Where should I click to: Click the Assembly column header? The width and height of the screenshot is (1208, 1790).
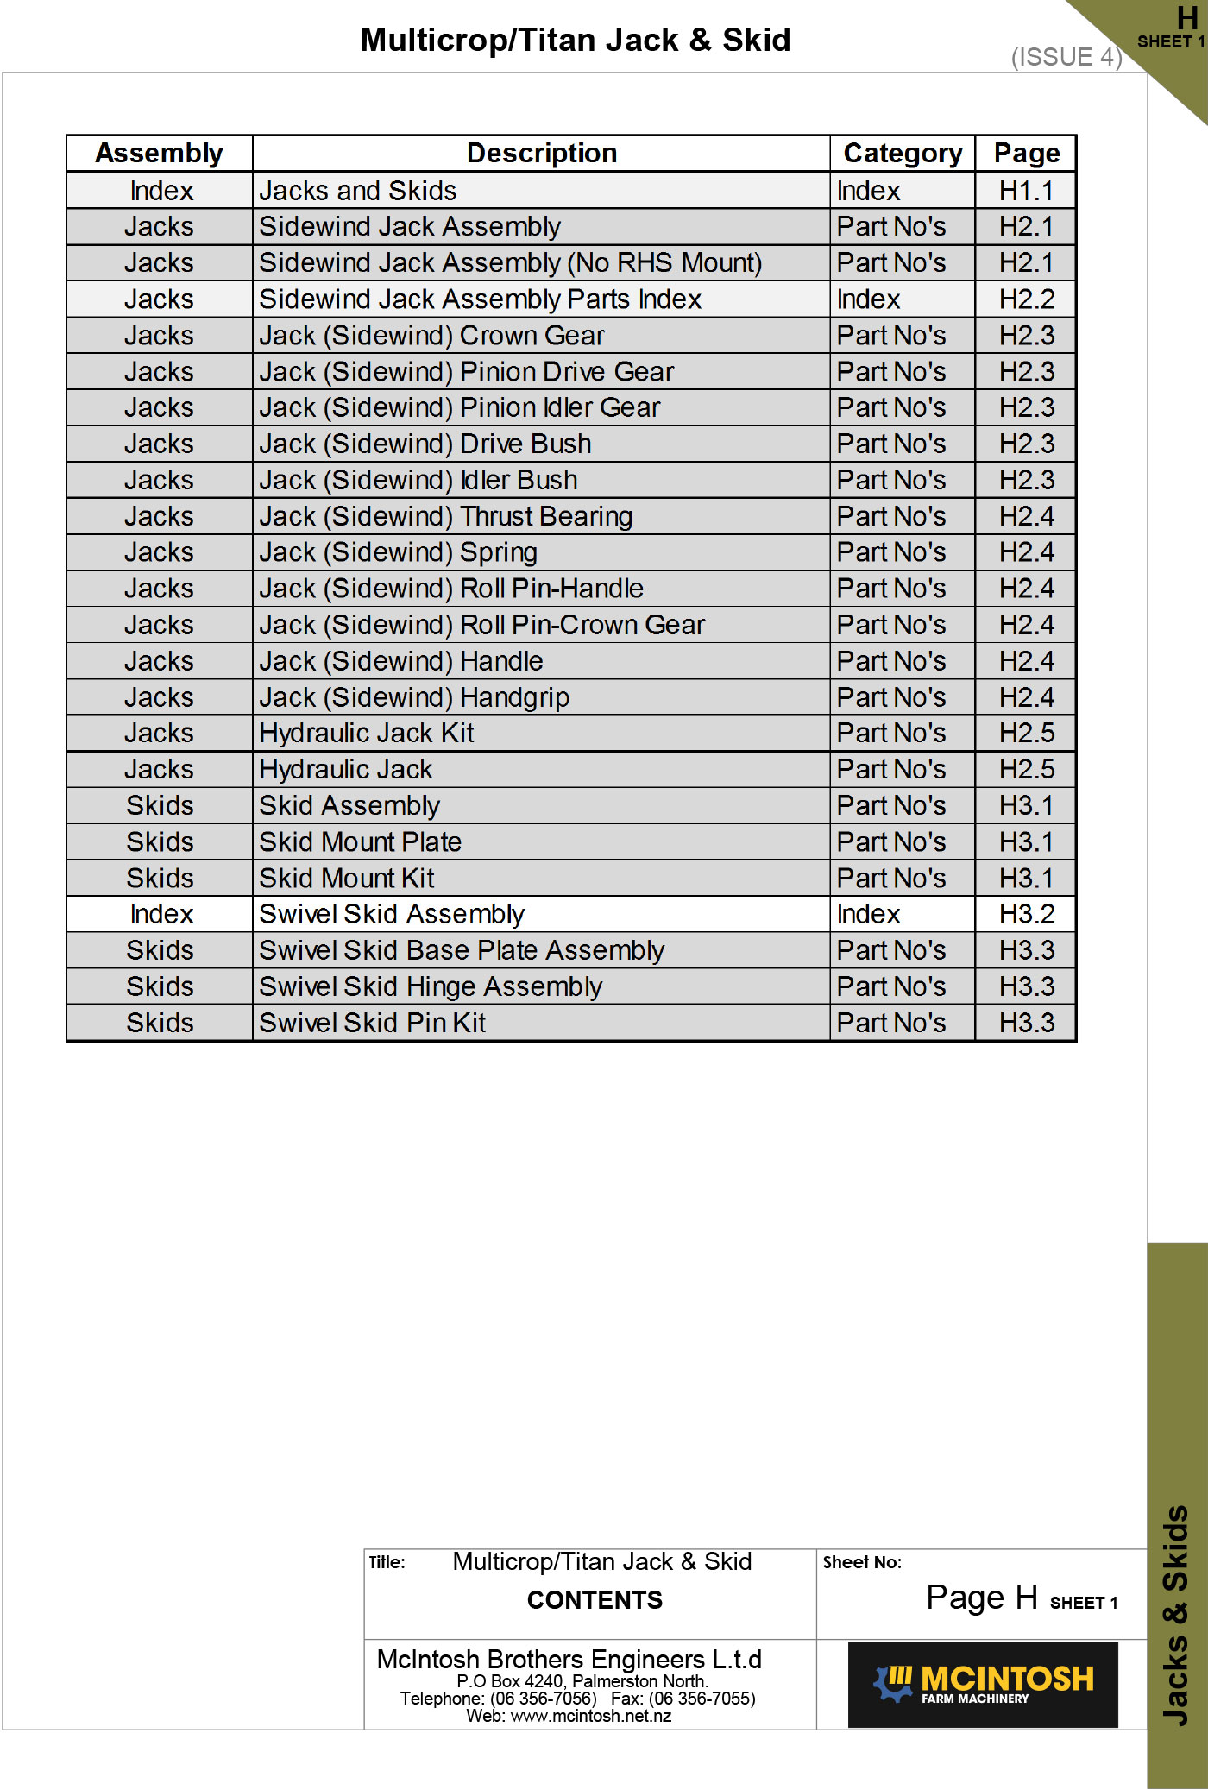[159, 153]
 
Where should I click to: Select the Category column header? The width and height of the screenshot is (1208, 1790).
[902, 153]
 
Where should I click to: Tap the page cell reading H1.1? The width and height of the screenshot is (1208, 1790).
[1025, 191]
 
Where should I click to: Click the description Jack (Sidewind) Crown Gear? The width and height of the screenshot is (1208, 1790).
[431, 336]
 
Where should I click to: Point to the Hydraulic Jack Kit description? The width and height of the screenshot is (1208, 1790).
[367, 733]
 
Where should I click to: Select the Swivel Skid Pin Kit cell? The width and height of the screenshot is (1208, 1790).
[372, 1023]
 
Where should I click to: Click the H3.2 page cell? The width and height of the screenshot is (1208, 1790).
[1026, 914]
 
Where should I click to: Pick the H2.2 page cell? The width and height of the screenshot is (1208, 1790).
[1026, 299]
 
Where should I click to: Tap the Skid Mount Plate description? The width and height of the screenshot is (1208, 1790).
[360, 841]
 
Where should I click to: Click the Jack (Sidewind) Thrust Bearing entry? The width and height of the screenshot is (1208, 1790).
[445, 516]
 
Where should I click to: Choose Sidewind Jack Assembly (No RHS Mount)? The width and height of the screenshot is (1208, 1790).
[510, 262]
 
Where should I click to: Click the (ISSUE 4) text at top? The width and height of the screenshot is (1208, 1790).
[1066, 57]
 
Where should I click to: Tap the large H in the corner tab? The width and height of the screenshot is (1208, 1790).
[1187, 18]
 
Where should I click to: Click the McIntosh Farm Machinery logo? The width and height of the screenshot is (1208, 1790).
[983, 1684]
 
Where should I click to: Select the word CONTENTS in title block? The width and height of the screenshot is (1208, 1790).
[595, 1600]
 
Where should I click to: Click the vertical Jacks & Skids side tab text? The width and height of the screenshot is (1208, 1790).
[1176, 1614]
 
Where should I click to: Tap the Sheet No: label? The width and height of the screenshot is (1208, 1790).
[861, 1562]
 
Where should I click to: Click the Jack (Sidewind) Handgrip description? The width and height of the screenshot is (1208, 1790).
[414, 697]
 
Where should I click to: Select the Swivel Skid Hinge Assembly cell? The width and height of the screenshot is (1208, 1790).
[430, 986]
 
